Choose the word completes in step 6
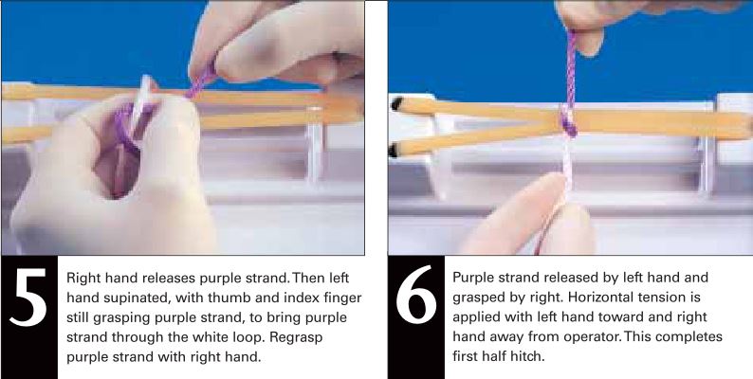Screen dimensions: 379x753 (689, 338)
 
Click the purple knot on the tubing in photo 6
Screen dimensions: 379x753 (567, 121)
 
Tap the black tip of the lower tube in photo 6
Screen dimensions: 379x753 (396, 149)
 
